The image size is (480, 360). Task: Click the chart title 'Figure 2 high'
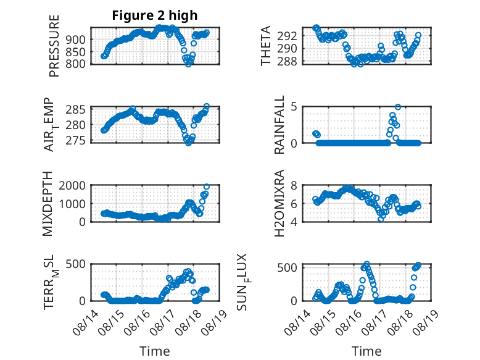click(155, 15)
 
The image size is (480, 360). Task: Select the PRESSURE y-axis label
click(54, 46)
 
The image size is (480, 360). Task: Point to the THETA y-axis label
click(266, 46)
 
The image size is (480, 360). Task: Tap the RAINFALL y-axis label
click(279, 125)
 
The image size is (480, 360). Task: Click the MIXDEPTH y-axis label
click(48, 204)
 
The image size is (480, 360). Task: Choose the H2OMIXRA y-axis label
click(279, 203)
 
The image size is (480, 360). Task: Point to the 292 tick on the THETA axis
click(287, 36)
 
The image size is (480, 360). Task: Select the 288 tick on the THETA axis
click(287, 62)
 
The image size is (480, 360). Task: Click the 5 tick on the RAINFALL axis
click(294, 107)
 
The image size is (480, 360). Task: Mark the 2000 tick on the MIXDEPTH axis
click(72, 185)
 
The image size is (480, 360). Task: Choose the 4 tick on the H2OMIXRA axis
click(294, 222)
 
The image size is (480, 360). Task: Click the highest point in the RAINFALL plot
click(398, 107)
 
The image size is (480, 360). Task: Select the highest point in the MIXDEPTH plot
click(207, 186)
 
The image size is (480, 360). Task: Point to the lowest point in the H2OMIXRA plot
click(381, 219)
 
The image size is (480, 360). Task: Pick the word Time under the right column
click(366, 351)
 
